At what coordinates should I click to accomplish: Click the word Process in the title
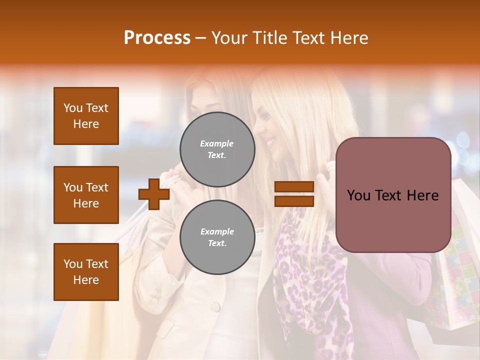pyautogui.click(x=157, y=38)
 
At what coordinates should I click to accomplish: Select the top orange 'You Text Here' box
pyautogui.click(x=86, y=116)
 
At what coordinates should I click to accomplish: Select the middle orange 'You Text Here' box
pyautogui.click(x=86, y=195)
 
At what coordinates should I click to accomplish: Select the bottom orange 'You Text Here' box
pyautogui.click(x=86, y=271)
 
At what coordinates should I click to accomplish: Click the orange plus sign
pyautogui.click(x=154, y=193)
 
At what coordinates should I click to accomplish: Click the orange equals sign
pyautogui.click(x=294, y=194)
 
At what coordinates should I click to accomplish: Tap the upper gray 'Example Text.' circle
pyautogui.click(x=217, y=149)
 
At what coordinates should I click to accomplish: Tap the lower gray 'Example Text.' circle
pyautogui.click(x=217, y=237)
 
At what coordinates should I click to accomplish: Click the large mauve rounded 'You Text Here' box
pyautogui.click(x=393, y=195)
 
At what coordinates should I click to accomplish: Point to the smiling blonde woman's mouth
pyautogui.click(x=270, y=142)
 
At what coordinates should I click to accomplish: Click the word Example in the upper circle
pyautogui.click(x=217, y=143)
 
